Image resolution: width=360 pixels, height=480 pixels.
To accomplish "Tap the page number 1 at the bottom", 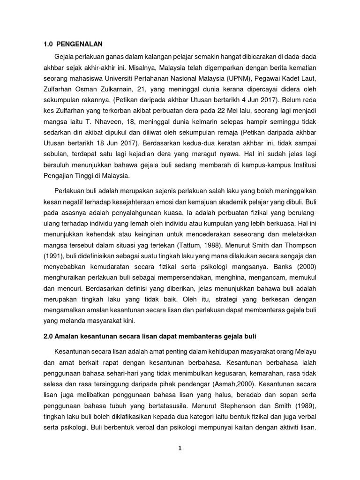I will pos(180,448).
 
